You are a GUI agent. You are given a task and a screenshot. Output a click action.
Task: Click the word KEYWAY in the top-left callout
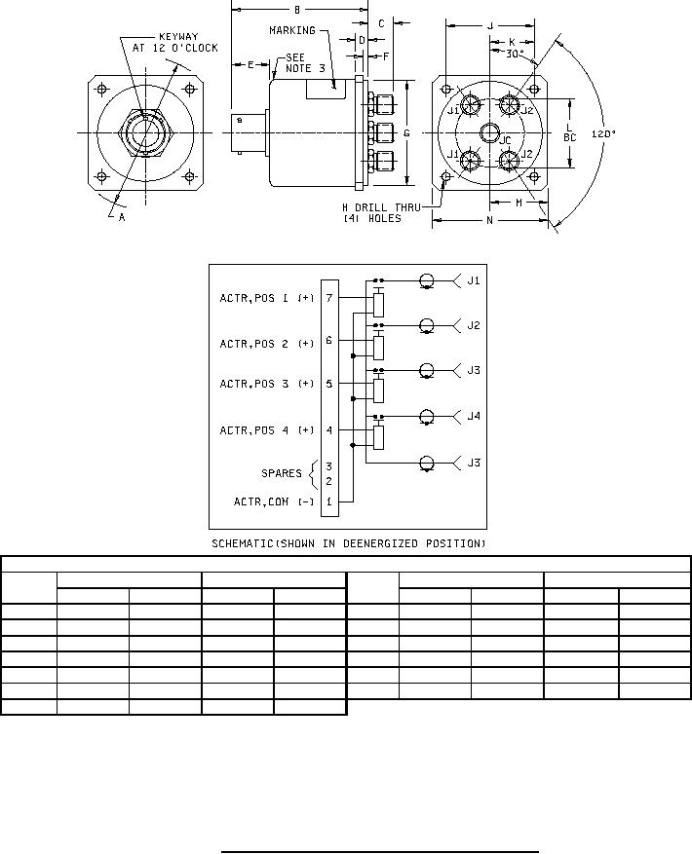pos(178,36)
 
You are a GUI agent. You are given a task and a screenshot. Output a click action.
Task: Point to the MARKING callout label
pos(291,30)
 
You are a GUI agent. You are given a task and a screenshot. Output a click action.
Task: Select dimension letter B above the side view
pos(296,9)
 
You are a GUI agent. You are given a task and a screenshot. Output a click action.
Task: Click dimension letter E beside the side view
pos(250,64)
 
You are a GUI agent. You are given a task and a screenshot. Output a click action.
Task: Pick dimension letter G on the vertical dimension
pos(406,132)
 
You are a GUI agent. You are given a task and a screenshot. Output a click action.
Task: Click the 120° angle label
pos(604,133)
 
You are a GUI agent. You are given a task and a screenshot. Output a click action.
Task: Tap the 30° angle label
pos(516,55)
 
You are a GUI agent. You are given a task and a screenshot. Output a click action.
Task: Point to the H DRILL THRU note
pos(385,207)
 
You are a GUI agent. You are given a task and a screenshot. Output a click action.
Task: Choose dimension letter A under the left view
pos(121,218)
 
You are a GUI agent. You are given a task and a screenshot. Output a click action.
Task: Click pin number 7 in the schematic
pos(329,298)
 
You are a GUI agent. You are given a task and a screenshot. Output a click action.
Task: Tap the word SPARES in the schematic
pos(281,473)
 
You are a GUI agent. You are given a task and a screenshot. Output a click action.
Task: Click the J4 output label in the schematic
pos(474,416)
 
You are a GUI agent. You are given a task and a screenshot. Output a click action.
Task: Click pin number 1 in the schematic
pos(329,501)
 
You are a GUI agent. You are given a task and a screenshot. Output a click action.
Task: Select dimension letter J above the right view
pos(490,25)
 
